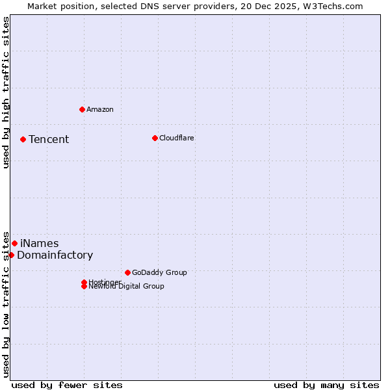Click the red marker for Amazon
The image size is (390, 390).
[82, 109]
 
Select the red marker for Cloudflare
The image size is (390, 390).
[155, 138]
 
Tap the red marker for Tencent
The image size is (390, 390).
[23, 139]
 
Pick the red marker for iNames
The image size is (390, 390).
[14, 243]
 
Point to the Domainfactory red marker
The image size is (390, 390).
[11, 255]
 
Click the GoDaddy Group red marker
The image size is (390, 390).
[127, 272]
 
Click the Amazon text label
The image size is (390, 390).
[100, 109]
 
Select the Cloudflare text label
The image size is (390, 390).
[177, 138]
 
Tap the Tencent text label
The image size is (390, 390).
[49, 139]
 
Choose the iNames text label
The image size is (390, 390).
[40, 244]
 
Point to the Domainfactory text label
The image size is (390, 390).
[55, 255]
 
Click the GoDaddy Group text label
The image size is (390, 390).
[159, 272]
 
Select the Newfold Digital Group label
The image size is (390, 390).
[127, 287]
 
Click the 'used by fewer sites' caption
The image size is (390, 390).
[67, 385]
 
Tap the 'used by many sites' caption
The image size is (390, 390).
[326, 385]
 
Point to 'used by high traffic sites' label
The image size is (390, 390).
[6, 92]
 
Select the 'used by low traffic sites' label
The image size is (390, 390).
[6, 304]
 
